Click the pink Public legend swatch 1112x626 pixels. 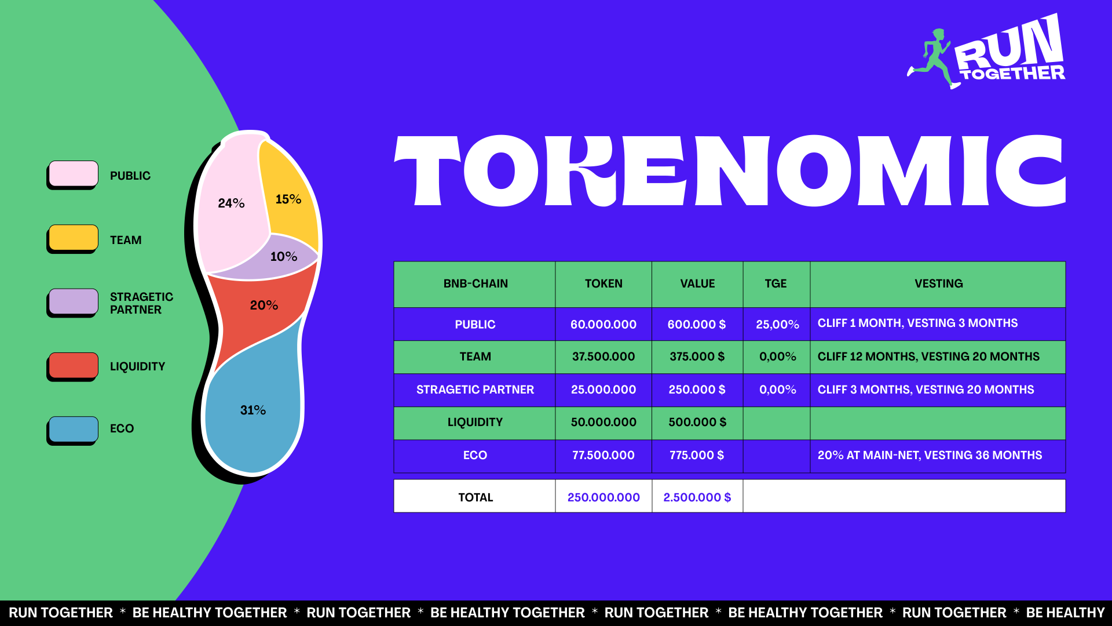(74, 174)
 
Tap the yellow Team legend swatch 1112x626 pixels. (74, 238)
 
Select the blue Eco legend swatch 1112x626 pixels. (74, 430)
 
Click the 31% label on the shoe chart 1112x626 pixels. (253, 410)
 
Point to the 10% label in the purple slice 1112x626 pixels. (284, 257)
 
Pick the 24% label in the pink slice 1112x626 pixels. (231, 203)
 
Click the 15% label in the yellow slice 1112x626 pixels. (288, 199)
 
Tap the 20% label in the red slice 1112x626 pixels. (264, 305)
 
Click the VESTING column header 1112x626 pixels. (939, 283)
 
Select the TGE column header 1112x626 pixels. (776, 283)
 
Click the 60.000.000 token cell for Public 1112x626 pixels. (603, 325)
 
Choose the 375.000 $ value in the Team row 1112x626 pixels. (697, 356)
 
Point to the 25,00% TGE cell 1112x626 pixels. (777, 325)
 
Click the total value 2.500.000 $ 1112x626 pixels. (697, 497)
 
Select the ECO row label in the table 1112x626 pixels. (475, 455)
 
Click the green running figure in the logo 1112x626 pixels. (933, 59)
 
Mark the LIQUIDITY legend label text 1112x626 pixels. (138, 366)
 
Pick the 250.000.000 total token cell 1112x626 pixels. (603, 497)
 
